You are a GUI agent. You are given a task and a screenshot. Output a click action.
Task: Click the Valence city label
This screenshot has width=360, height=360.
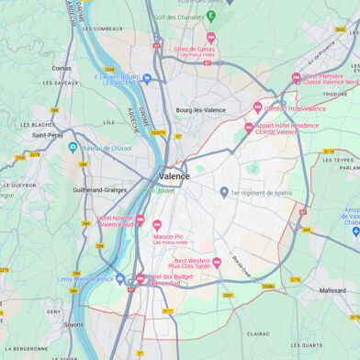pyautogui.click(x=174, y=175)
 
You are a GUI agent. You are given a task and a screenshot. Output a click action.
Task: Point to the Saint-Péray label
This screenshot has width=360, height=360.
pyautogui.click(x=48, y=135)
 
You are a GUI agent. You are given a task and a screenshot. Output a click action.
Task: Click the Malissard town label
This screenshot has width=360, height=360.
pyautogui.click(x=332, y=290)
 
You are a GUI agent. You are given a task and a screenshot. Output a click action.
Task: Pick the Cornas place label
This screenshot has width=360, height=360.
pyautogui.click(x=62, y=68)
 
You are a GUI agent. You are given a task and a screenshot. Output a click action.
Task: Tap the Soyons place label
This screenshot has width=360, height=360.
pyautogui.click(x=73, y=324)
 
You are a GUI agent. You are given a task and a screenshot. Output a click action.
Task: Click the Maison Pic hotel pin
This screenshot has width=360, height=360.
pyautogui.click(x=156, y=224)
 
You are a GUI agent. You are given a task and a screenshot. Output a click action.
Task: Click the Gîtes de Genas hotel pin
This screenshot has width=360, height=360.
pyautogui.click(x=210, y=38)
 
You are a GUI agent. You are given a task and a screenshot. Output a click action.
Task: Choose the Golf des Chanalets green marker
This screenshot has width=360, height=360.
pyautogui.click(x=210, y=16)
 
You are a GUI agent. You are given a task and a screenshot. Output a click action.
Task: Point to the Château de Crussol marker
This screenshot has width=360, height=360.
pyautogui.click(x=73, y=147)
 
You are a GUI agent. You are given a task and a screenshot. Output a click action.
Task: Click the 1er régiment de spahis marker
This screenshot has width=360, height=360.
pyautogui.click(x=224, y=192)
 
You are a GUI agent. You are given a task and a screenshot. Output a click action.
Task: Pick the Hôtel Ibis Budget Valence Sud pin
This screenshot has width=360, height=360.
pyautogui.click(x=140, y=278)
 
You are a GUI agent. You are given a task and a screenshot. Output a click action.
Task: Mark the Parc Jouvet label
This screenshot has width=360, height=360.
pyautogui.click(x=160, y=191)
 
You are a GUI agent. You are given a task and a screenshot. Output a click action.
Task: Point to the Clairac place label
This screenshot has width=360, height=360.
pyautogui.click(x=259, y=333)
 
